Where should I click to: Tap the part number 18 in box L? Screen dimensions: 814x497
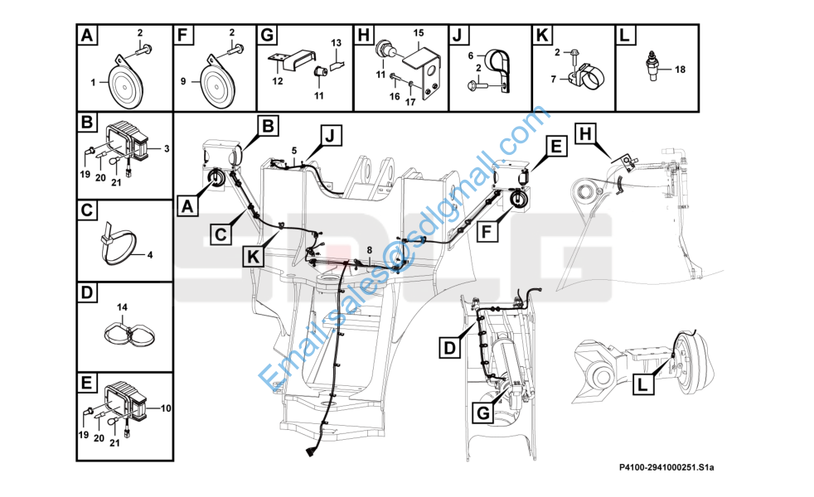pyautogui.click(x=680, y=70)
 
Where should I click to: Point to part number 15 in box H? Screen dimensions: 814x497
pyautogui.click(x=419, y=32)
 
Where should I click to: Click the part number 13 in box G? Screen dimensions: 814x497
pyautogui.click(x=337, y=42)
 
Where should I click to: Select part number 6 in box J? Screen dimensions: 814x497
pyautogui.click(x=471, y=55)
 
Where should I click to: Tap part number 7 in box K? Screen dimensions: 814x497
pyautogui.click(x=554, y=80)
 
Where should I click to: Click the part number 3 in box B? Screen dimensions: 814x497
pyautogui.click(x=167, y=149)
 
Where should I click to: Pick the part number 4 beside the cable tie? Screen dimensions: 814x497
pyautogui.click(x=150, y=255)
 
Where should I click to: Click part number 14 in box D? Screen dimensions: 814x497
pyautogui.click(x=122, y=307)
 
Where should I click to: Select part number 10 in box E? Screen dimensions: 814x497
pyautogui.click(x=166, y=408)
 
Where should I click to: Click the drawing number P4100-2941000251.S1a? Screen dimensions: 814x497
pyautogui.click(x=666, y=467)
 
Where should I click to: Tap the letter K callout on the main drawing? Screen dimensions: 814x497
pyautogui.click(x=254, y=256)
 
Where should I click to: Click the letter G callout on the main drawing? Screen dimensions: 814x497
pyautogui.click(x=482, y=413)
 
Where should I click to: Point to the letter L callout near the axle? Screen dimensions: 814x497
pyautogui.click(x=642, y=384)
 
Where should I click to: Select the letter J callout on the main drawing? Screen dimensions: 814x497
pyautogui.click(x=330, y=137)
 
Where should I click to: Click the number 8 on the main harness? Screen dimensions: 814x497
pyautogui.click(x=370, y=251)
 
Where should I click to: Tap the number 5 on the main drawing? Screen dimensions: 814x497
pyautogui.click(x=293, y=151)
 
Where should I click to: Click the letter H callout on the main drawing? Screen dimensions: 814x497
pyautogui.click(x=585, y=134)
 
